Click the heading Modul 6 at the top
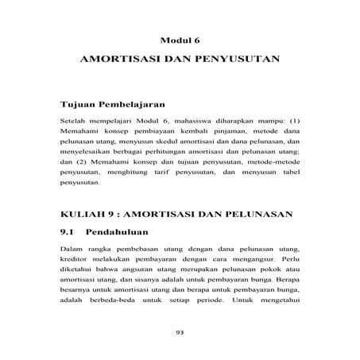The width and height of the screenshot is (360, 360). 180,40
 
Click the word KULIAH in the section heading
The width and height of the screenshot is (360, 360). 83,215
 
